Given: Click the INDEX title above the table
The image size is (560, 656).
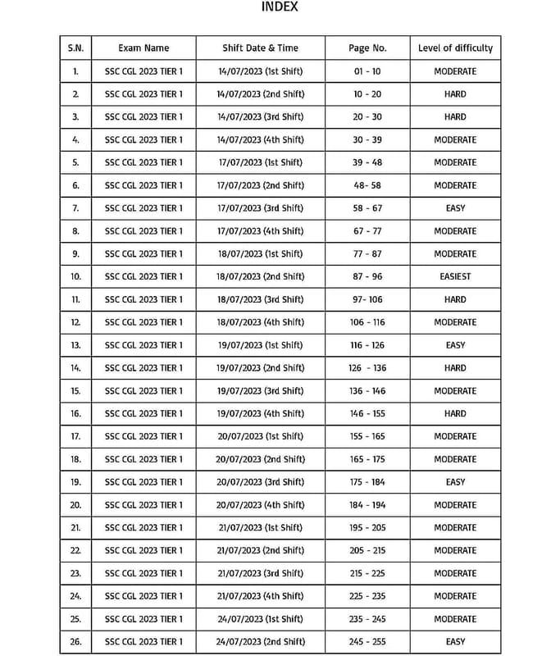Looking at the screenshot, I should tap(280, 7).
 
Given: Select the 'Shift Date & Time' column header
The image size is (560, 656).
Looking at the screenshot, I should tap(260, 48).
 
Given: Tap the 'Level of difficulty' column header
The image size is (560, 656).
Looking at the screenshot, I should tap(455, 48).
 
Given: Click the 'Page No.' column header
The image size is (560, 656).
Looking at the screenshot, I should tap(367, 48).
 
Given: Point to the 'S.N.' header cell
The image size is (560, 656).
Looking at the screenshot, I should tap(75, 48).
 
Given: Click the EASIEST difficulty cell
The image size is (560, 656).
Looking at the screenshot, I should tap(455, 276).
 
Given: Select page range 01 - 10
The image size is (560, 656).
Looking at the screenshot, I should tap(367, 71).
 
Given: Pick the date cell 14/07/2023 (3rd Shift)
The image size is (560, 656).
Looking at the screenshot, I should tap(260, 116).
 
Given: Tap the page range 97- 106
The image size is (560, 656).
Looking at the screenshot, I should tap(367, 299).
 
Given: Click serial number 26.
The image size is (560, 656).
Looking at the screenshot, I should tap(75, 641).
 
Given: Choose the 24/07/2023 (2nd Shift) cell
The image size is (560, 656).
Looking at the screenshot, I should tap(260, 641).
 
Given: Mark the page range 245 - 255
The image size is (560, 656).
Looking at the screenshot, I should tap(367, 641).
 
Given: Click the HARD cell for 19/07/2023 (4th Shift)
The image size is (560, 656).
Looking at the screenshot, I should tap(455, 413).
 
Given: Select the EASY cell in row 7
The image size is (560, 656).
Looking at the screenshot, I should tap(455, 208).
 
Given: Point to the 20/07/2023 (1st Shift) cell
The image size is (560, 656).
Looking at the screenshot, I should tap(260, 436).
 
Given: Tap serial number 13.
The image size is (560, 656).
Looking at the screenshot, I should tap(75, 345).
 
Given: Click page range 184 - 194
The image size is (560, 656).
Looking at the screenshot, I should tap(367, 504).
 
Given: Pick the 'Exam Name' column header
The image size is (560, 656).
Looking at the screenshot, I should tap(143, 48).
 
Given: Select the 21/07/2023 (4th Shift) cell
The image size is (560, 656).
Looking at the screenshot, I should tap(260, 596).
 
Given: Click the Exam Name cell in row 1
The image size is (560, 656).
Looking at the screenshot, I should tap(143, 71).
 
